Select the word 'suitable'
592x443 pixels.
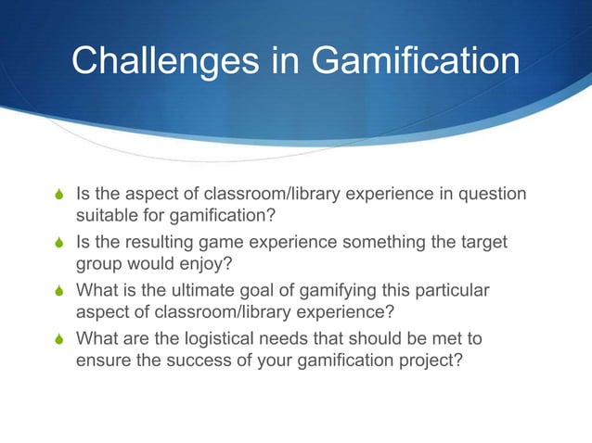coord(103,217)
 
